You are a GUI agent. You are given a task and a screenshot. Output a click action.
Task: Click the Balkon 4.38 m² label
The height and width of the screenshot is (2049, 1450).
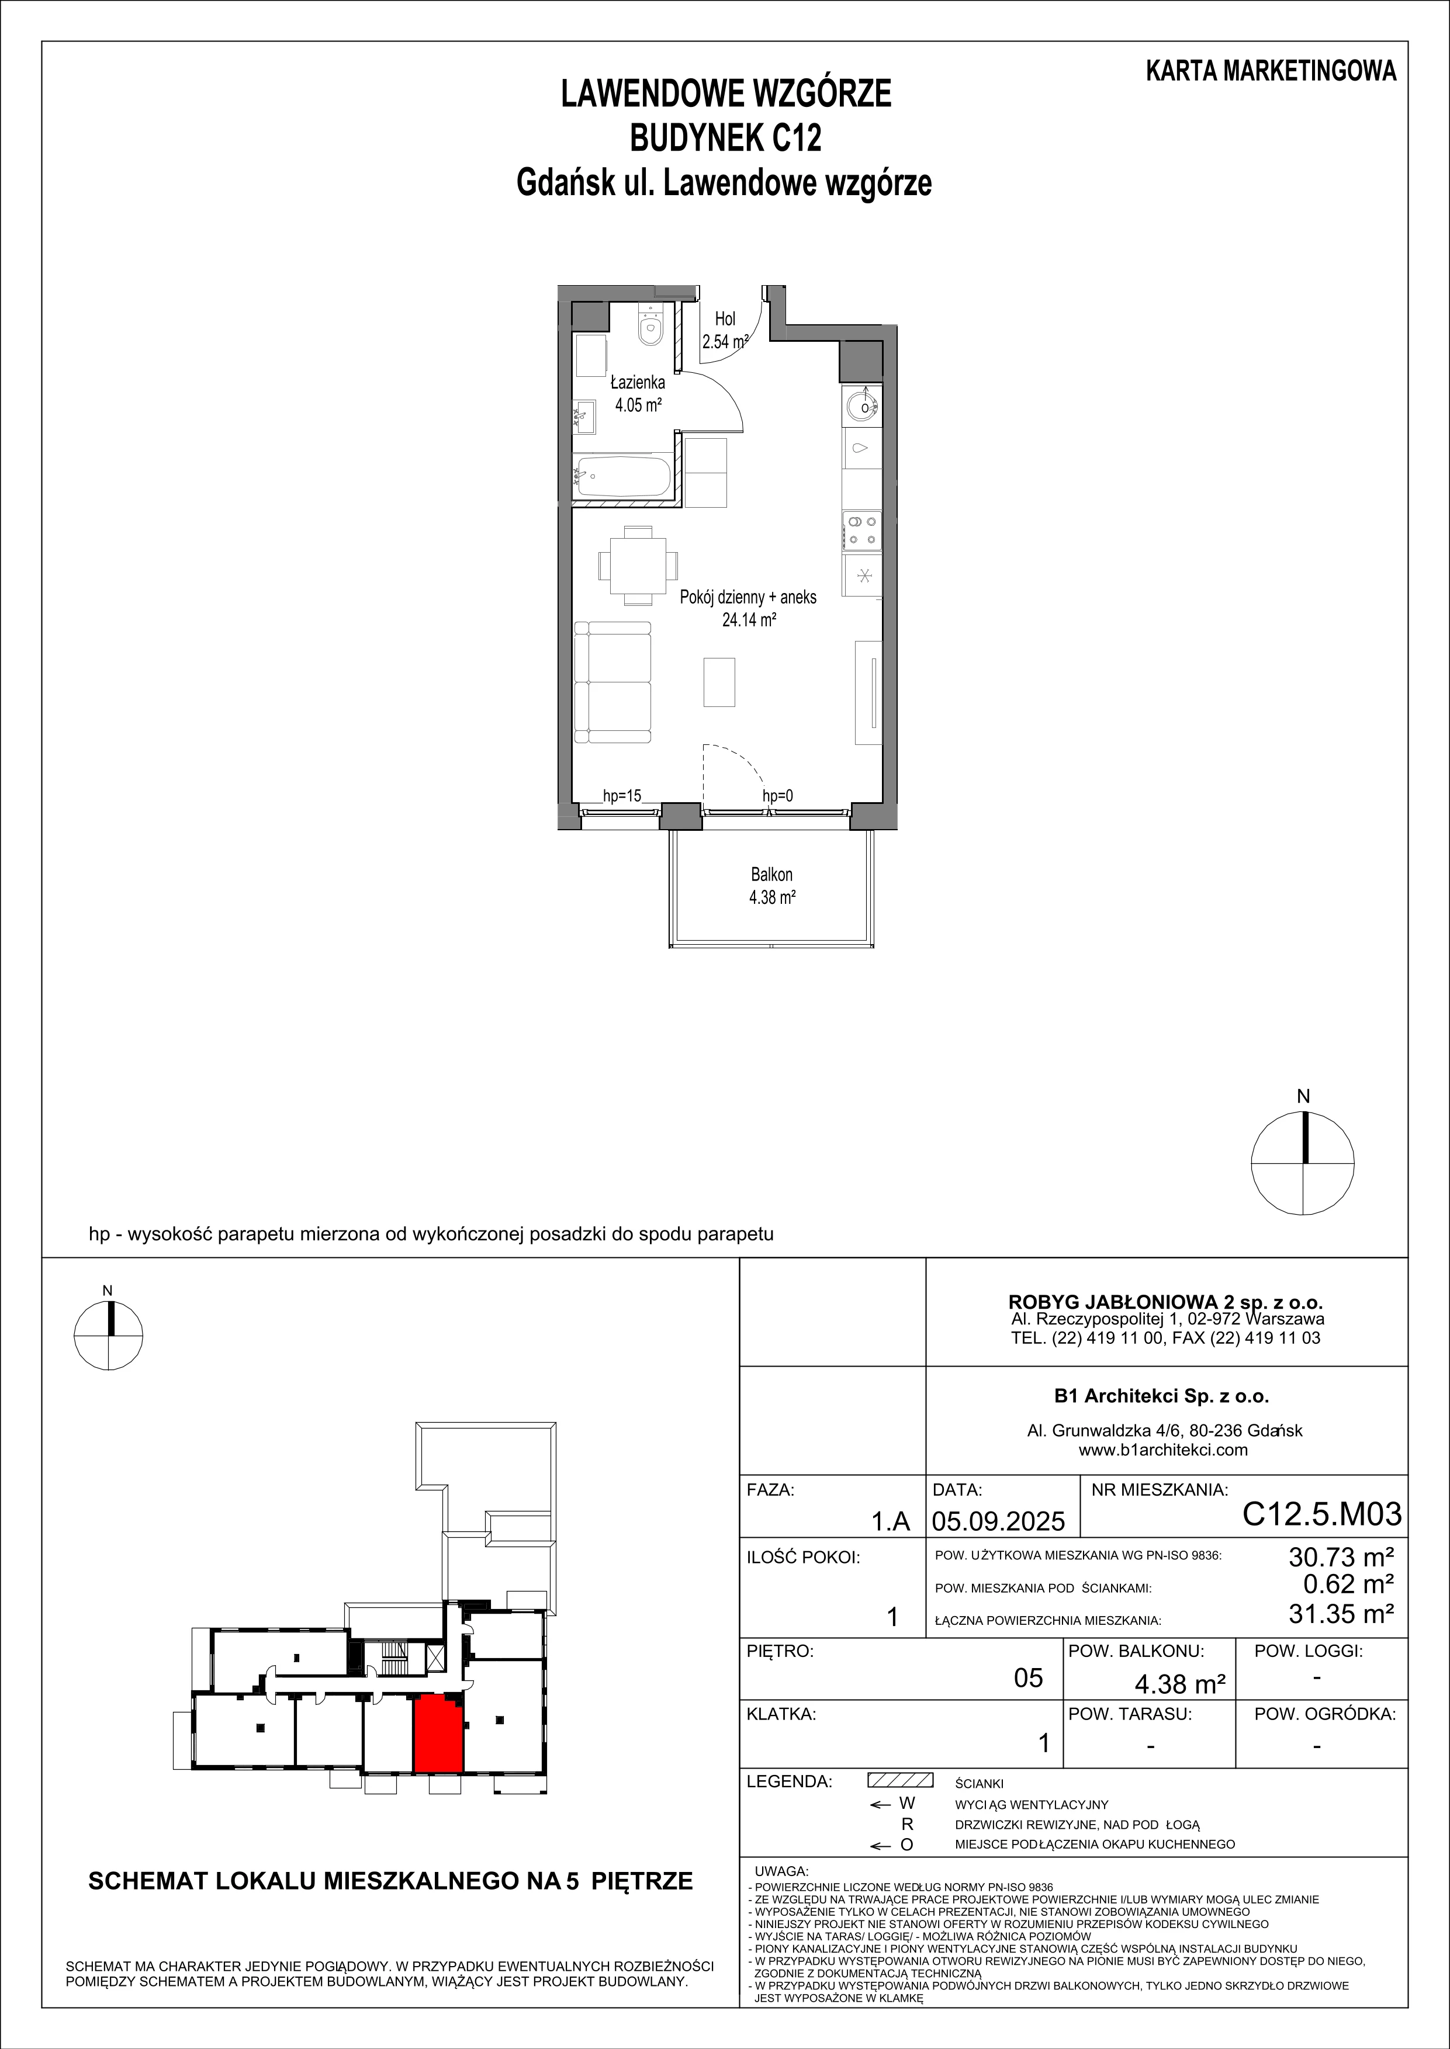771,886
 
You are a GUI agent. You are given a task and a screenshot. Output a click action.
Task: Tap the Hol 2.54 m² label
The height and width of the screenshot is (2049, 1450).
724,330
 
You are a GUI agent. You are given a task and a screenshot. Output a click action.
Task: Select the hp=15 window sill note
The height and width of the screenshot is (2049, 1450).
621,795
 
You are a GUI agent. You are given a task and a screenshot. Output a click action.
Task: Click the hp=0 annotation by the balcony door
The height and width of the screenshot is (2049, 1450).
777,795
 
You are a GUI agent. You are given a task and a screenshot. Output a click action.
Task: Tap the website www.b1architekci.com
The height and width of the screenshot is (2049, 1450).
1162,1450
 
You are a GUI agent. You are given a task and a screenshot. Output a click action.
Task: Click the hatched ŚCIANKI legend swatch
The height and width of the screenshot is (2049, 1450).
900,1780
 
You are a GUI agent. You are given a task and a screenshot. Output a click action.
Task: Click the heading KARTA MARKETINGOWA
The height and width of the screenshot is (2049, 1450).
1271,71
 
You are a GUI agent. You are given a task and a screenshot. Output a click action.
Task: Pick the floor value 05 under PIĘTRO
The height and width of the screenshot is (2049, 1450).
1029,1678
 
